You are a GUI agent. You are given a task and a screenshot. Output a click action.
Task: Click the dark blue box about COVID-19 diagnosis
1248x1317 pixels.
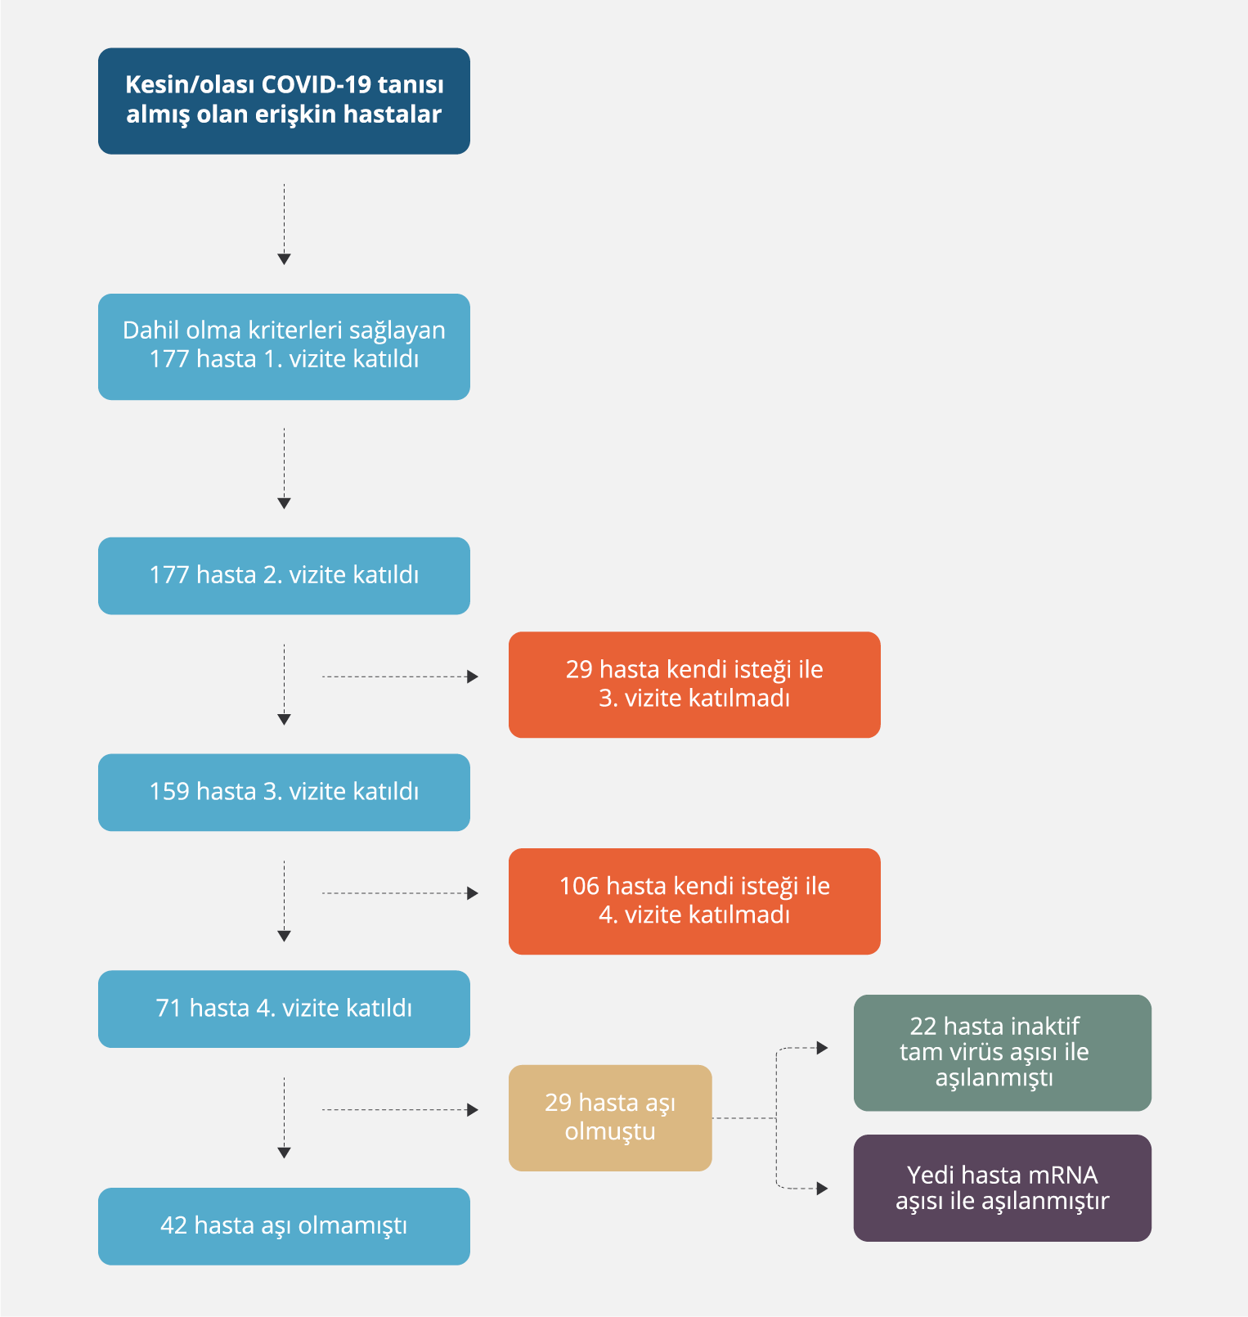click(x=284, y=101)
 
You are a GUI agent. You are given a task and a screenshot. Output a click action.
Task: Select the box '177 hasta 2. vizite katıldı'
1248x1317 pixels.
click(x=284, y=575)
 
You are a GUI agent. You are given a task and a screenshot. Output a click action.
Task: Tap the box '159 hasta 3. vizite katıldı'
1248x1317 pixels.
click(x=284, y=792)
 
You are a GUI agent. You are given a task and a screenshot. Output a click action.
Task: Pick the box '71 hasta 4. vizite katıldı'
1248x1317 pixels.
click(x=284, y=1009)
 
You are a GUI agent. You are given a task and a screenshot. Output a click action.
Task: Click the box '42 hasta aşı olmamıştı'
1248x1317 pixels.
click(x=284, y=1225)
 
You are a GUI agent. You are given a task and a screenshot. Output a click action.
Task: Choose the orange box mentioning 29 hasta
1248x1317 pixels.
click(x=694, y=684)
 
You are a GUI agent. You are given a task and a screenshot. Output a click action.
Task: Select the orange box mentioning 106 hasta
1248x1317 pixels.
click(x=694, y=901)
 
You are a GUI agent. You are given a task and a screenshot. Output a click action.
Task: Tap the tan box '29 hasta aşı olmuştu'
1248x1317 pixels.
click(x=609, y=1117)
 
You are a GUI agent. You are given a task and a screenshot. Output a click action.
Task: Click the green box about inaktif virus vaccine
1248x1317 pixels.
click(x=1002, y=1052)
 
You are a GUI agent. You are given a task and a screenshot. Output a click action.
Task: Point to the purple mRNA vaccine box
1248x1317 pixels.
click(x=1002, y=1188)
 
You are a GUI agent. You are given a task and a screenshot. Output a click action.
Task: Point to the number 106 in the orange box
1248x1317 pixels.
click(x=579, y=886)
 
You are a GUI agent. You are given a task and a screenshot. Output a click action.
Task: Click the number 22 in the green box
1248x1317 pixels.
click(x=923, y=1027)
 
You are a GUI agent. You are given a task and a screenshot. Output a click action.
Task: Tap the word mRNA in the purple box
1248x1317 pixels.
click(x=1062, y=1175)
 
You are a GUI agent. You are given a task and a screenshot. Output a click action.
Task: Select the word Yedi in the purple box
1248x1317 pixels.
click(x=931, y=1175)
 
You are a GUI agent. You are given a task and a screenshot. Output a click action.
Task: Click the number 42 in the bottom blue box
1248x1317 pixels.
click(x=174, y=1225)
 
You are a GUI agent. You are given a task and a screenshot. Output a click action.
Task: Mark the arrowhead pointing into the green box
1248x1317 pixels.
click(x=822, y=1048)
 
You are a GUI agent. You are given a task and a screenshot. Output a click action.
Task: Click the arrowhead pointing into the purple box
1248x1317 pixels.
click(x=822, y=1189)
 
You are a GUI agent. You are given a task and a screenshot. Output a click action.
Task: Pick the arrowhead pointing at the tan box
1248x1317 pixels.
click(x=472, y=1110)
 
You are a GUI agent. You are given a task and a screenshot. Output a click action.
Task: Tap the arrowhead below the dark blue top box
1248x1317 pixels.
click(x=284, y=259)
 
